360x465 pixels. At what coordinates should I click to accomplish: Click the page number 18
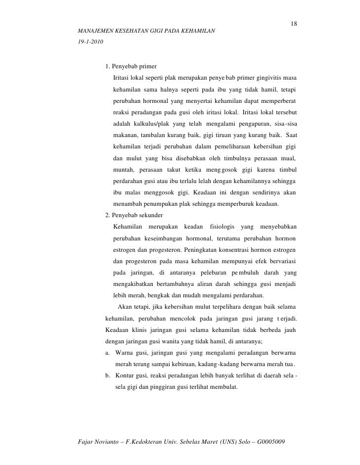click(294, 25)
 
